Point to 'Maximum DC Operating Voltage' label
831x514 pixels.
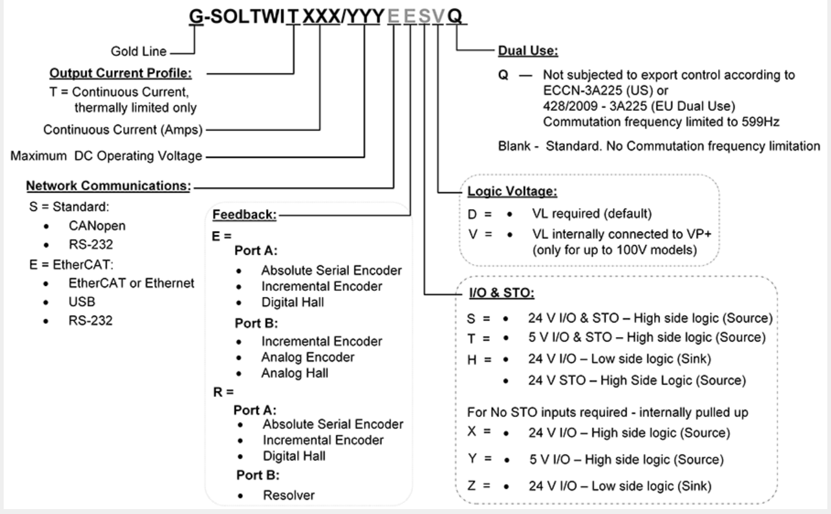106,156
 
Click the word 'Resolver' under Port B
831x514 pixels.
289,495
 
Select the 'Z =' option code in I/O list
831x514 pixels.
473,486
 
